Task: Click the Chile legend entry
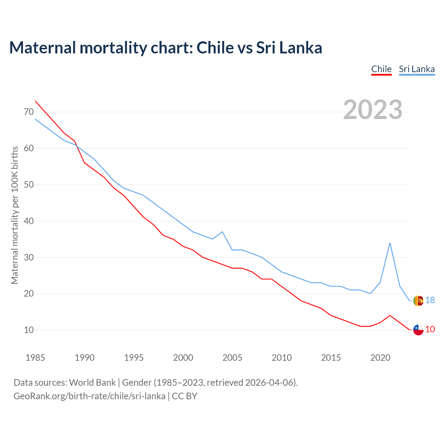tap(381, 69)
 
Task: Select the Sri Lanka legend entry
tap(417, 69)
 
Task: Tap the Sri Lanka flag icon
tap(418, 300)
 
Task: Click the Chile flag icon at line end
tap(418, 330)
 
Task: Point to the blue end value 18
tap(430, 300)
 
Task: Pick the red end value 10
tap(430, 329)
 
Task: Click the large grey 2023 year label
tap(373, 110)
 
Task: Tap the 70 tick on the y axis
tap(29, 112)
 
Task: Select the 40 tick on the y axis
tap(29, 221)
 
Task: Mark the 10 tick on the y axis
tap(29, 330)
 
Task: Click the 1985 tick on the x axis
tap(35, 358)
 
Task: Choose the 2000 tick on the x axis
tap(183, 358)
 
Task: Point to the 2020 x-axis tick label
tap(380, 358)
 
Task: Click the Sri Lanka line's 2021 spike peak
tap(390, 243)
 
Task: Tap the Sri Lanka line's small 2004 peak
tap(222, 232)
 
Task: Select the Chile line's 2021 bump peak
tap(390, 315)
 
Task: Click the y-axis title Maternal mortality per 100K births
tap(15, 215)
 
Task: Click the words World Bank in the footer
tap(92, 383)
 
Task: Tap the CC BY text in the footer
tap(185, 396)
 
